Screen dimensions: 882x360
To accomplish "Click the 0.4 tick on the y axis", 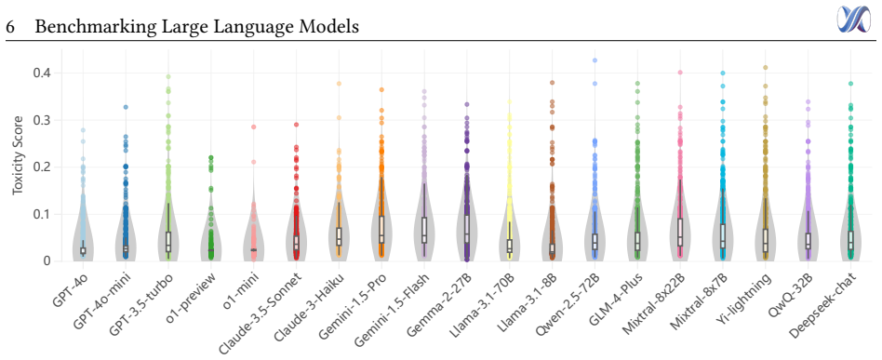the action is [44, 73].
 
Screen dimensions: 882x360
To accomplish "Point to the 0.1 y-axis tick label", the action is [44, 214].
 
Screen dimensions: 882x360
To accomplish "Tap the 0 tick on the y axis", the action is [47, 261].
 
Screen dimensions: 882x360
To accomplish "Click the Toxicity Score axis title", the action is [18, 154].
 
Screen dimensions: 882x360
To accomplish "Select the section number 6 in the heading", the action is [10, 27].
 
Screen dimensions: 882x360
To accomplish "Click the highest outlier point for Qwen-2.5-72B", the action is [595, 60].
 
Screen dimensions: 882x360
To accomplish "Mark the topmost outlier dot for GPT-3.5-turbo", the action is [168, 76].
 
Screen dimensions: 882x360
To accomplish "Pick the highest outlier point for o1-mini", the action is [253, 127].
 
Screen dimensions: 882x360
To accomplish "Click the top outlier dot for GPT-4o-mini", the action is [126, 107].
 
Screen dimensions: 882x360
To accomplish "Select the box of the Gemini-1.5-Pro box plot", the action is [381, 230].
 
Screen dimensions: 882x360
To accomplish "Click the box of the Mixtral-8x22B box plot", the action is [679, 233].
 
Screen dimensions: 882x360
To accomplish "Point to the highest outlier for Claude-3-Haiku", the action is [339, 84].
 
